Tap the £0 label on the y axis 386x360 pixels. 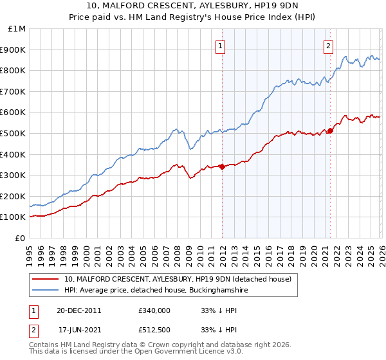[x=21, y=238]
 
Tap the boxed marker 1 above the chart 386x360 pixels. [x=221, y=45]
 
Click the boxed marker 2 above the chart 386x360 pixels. [x=328, y=45]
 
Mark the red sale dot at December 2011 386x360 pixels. [x=222, y=166]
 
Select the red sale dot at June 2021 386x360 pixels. [x=330, y=130]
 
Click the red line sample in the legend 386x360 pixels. [x=46, y=279]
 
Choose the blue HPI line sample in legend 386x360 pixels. [x=46, y=291]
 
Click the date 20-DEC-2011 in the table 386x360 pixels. [x=79, y=310]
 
